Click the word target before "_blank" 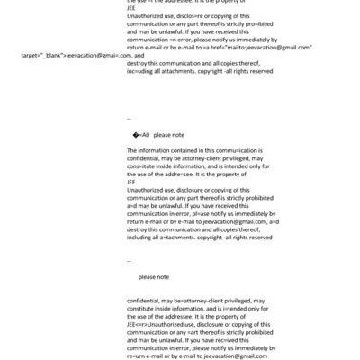coord(30,56)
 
